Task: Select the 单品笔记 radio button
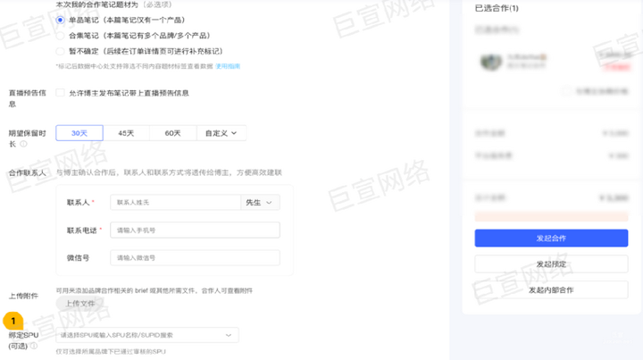tap(60, 19)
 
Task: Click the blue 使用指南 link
tap(229, 66)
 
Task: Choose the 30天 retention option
tap(79, 133)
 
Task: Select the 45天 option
tap(127, 133)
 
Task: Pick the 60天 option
tap(174, 133)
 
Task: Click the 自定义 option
tap(222, 133)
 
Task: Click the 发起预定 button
tap(551, 264)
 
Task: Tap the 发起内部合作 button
tap(551, 290)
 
